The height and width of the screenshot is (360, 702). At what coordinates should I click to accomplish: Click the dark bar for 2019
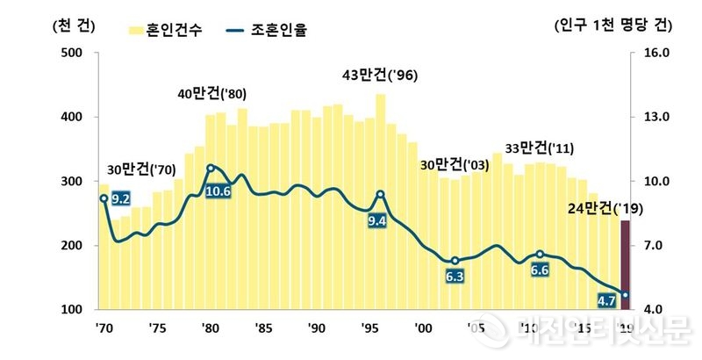click(x=625, y=263)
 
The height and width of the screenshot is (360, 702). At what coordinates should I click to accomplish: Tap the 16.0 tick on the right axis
click(x=655, y=53)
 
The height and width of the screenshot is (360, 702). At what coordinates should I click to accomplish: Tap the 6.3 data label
click(x=455, y=277)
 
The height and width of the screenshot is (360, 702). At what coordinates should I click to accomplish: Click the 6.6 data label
click(x=540, y=270)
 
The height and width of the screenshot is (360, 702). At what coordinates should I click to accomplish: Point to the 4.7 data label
click(x=605, y=300)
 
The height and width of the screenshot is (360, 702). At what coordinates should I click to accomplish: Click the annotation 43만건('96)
click(x=379, y=76)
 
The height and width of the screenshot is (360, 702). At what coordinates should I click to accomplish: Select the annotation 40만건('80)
click(x=211, y=94)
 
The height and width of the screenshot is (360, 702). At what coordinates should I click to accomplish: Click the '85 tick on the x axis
click(x=261, y=328)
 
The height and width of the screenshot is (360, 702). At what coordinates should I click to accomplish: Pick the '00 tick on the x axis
click(x=423, y=328)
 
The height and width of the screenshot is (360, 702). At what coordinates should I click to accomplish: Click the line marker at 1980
click(x=210, y=168)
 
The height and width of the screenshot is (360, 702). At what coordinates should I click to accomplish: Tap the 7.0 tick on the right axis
click(x=655, y=246)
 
